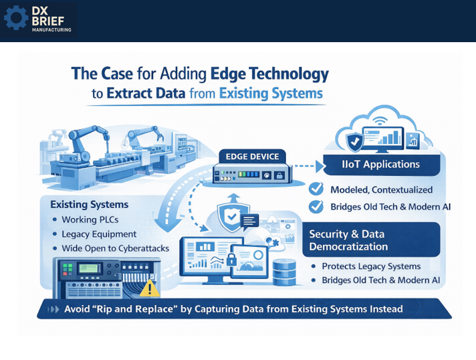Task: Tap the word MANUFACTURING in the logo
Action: pos(52,29)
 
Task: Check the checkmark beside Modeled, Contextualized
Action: pos(316,189)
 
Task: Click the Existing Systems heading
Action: pos(89,203)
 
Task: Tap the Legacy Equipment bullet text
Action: pos(99,234)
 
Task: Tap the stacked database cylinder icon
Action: pos(285,270)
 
